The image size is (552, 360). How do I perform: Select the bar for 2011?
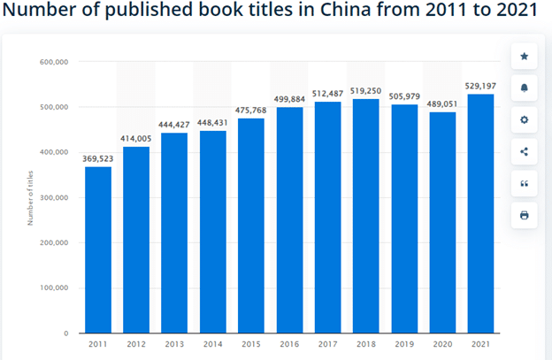pyautogui.click(x=98, y=249)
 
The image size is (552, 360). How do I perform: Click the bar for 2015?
pyautogui.click(x=252, y=226)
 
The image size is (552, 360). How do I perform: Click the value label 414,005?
pyautogui.click(x=137, y=140)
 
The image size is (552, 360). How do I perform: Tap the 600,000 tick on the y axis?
pyautogui.click(x=55, y=62)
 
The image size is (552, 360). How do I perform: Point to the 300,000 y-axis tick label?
pyautogui.click(x=55, y=197)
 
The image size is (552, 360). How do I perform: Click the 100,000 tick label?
pyautogui.click(x=55, y=288)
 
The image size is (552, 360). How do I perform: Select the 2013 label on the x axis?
pyautogui.click(x=175, y=345)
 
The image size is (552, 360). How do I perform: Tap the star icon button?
pyautogui.click(x=524, y=57)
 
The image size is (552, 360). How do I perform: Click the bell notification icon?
pyautogui.click(x=524, y=88)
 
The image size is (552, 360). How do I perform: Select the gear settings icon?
pyautogui.click(x=524, y=119)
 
